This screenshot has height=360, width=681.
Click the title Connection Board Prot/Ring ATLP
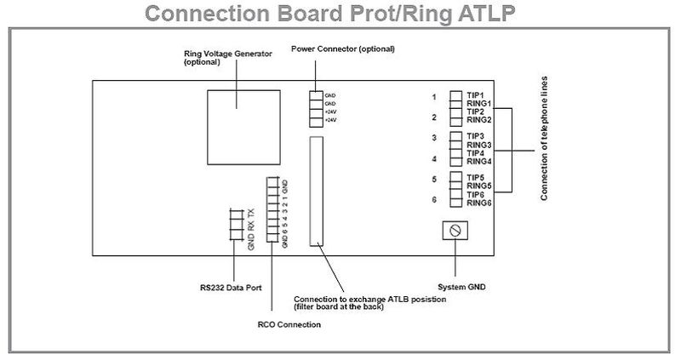[340, 14]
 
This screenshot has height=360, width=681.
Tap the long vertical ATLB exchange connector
[317, 191]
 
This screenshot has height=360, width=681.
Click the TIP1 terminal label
[475, 95]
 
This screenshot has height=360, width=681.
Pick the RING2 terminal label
[478, 120]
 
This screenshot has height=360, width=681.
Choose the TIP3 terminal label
[475, 136]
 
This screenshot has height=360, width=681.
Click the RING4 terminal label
[478, 161]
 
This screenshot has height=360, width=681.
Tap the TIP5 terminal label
[475, 177]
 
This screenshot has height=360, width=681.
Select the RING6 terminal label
[478, 203]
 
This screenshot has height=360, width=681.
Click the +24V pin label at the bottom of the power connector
[329, 122]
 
